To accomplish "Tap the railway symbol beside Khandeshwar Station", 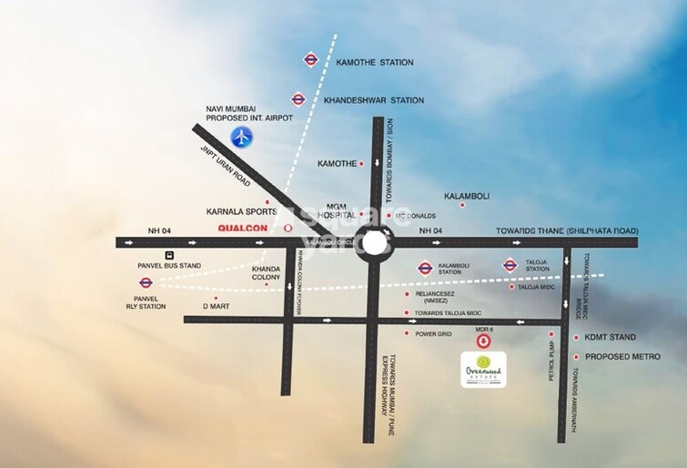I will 298,99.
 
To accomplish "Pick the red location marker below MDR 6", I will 484,341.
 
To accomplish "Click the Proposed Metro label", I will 621,356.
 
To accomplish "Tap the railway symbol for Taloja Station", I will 510,266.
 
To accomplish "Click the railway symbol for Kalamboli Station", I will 425,268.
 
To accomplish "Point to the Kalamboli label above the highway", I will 468,196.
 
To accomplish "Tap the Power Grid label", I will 433,334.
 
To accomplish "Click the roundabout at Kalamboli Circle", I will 374,243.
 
